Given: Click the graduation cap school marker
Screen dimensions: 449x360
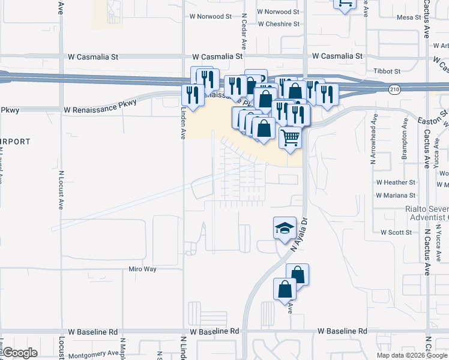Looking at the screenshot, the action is (285, 228).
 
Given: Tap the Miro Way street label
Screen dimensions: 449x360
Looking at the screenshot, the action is (142, 269).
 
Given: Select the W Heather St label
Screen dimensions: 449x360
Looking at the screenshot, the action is (396, 182).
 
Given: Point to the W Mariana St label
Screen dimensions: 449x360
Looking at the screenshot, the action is (396, 195).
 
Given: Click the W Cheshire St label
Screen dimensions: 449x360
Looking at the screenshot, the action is (278, 25).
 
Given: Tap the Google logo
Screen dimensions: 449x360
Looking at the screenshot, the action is (20, 353).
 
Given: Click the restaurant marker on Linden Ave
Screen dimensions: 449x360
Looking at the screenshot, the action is (192, 95).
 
